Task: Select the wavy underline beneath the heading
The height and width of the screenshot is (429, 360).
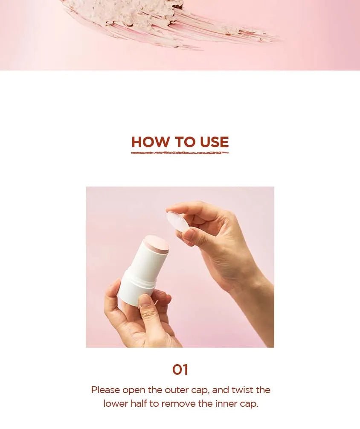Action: (180, 152)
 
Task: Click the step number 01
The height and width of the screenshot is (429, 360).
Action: (180, 370)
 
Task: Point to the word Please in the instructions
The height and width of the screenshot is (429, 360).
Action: (105, 390)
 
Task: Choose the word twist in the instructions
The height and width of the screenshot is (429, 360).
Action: (242, 390)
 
